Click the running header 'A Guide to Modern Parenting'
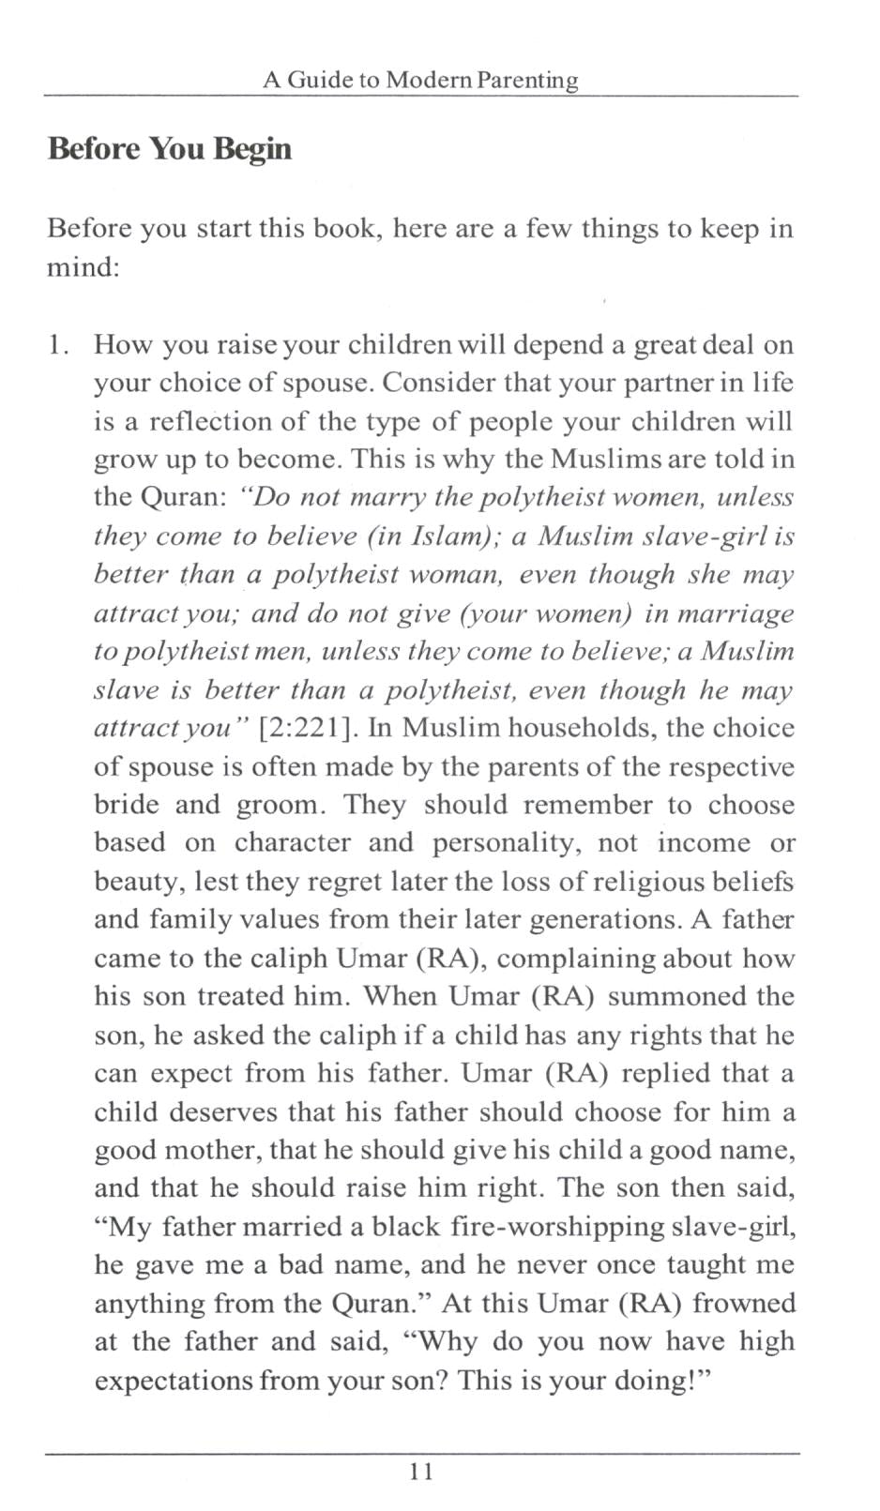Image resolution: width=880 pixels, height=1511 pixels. click(x=420, y=80)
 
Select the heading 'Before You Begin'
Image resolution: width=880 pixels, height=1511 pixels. click(x=170, y=149)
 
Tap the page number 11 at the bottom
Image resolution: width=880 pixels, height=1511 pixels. click(x=421, y=1471)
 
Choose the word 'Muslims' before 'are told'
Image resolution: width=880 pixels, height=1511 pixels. click(x=611, y=460)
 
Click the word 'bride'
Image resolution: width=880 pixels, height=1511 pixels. click(x=126, y=806)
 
